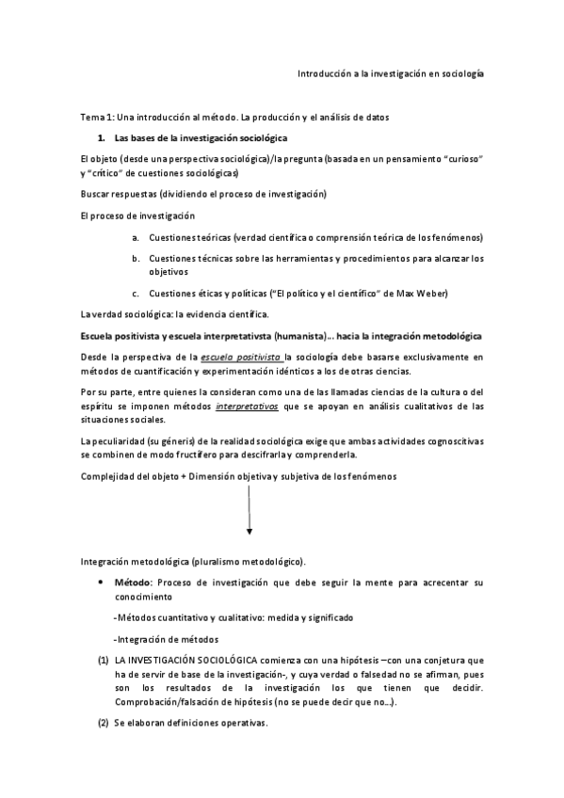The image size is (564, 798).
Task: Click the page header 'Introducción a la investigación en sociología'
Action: tap(391, 72)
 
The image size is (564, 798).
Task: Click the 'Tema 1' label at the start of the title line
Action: tap(96, 117)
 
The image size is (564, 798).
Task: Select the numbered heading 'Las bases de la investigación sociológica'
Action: tap(187, 138)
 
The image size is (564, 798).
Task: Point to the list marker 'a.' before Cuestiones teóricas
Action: tap(136, 236)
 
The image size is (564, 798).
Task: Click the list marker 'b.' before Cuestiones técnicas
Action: tap(136, 257)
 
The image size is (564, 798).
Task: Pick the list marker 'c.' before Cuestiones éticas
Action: tap(136, 293)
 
